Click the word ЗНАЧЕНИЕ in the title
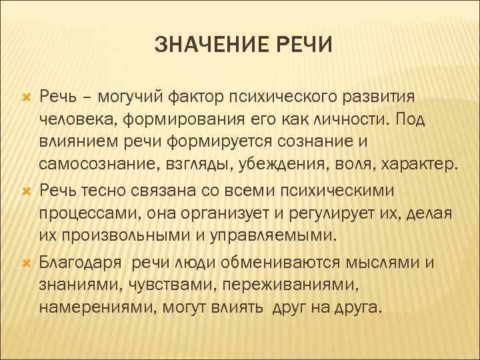(203, 46)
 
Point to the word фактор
(189, 97)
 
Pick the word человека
(73, 119)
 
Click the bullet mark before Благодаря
(27, 262)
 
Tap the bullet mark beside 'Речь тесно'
(27, 191)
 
